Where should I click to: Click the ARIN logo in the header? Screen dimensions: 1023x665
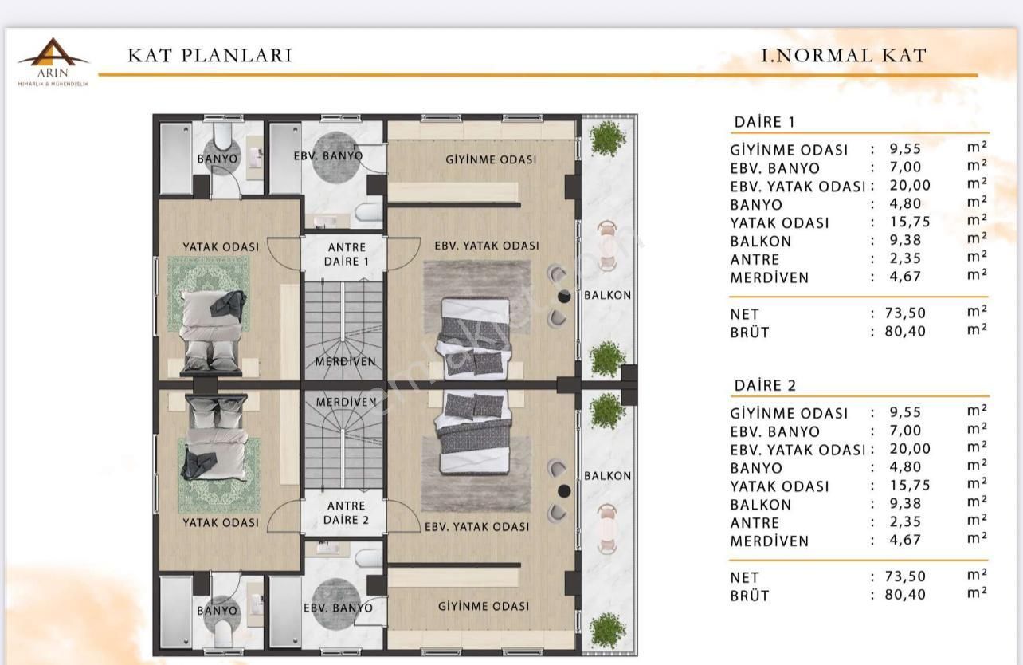tap(53, 61)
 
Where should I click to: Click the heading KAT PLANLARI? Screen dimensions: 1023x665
tap(210, 55)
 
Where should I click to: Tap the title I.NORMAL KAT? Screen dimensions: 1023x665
tap(844, 56)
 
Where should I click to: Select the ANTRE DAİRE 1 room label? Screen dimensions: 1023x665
tap(347, 254)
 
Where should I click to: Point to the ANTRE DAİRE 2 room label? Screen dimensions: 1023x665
tap(346, 513)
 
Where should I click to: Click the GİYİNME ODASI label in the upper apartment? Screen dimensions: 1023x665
tap(491, 159)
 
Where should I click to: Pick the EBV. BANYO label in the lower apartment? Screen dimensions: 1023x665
tap(339, 608)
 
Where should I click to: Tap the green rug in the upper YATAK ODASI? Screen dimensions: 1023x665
tap(208, 293)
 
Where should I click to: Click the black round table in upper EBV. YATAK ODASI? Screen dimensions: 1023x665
tap(564, 296)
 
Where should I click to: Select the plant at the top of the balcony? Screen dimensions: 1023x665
tap(607, 138)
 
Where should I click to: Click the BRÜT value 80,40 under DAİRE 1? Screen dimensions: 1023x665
tap(905, 332)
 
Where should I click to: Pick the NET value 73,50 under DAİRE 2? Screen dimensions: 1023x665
tap(905, 576)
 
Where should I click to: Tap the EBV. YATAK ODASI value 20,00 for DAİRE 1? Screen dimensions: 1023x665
tap(910, 185)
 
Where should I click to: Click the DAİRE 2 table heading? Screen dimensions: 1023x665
tap(765, 385)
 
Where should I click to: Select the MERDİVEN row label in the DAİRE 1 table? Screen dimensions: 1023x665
tap(770, 277)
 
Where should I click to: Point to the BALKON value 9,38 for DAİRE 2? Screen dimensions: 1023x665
tap(905, 503)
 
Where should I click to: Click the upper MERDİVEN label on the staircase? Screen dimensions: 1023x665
tap(346, 361)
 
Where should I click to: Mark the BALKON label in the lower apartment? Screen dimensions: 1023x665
tap(607, 476)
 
